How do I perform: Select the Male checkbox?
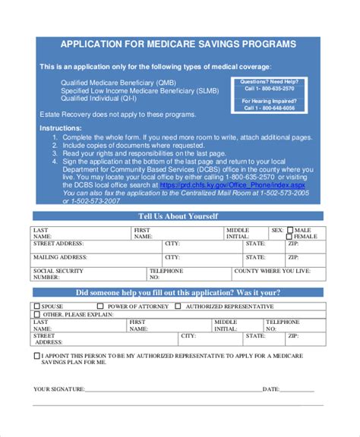click(x=289, y=230)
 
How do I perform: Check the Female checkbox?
click(x=289, y=237)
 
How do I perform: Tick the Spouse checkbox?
click(x=36, y=307)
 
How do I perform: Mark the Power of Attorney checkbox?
click(x=101, y=307)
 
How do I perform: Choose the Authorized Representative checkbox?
click(x=178, y=307)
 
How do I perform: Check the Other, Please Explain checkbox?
click(x=36, y=314)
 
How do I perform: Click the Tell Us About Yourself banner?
click(x=179, y=217)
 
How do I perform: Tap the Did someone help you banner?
click(x=179, y=293)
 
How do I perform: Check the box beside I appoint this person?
click(x=36, y=354)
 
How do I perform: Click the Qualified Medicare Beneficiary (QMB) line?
click(x=118, y=82)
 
